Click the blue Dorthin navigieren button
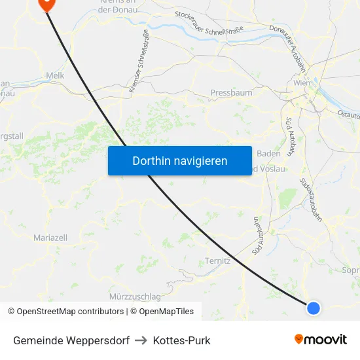click(180, 160)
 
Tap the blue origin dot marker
click(314, 308)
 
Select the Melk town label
click(55, 76)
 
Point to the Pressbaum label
click(231, 93)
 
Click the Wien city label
click(302, 83)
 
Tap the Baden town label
click(269, 153)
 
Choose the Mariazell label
click(50, 238)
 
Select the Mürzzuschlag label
click(135, 296)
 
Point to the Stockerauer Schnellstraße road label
click(209, 24)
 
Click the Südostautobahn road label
click(311, 200)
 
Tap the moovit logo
click(321, 340)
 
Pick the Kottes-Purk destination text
click(181, 340)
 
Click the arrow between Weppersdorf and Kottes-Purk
click(141, 340)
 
